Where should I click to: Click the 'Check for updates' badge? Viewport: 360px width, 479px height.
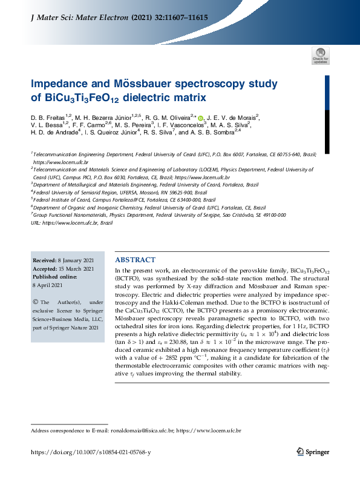(320, 56)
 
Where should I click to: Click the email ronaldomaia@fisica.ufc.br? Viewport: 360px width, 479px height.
(142, 431)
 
